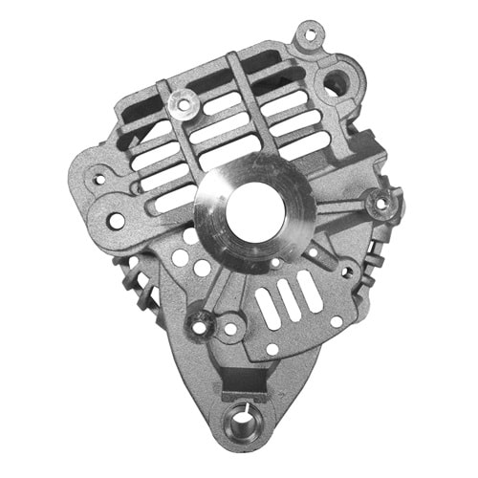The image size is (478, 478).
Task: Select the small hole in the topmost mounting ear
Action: click(x=307, y=39)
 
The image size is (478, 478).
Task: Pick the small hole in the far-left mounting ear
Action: click(x=96, y=177)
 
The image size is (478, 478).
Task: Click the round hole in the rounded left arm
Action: click(x=116, y=221)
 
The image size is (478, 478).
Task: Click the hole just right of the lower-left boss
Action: click(x=229, y=328)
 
